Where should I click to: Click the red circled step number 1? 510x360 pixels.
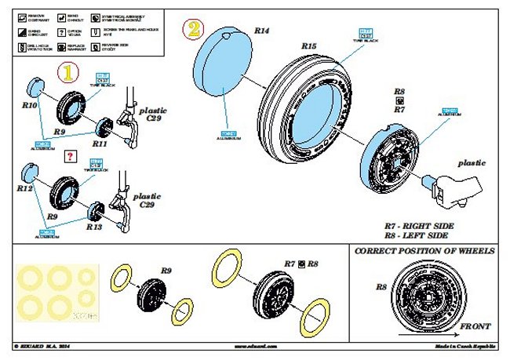[70, 74]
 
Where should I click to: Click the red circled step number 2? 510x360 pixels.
[192, 31]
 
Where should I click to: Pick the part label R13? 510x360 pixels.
[94, 227]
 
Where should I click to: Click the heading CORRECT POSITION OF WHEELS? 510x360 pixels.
[424, 251]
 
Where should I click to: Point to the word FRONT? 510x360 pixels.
[475, 325]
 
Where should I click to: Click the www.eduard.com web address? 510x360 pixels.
[255, 345]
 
